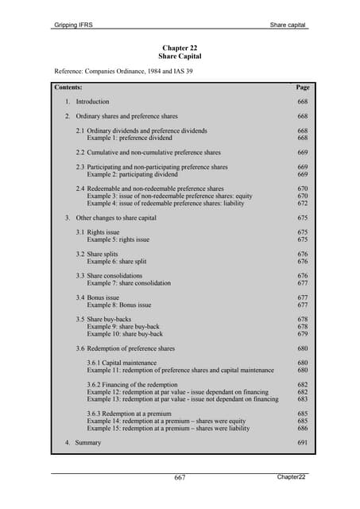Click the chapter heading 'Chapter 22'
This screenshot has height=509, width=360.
(x=180, y=48)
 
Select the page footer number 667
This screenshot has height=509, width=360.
(x=180, y=477)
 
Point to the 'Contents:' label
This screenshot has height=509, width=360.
(x=68, y=87)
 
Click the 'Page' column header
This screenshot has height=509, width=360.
(x=302, y=87)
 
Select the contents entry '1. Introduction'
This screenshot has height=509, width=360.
(x=87, y=102)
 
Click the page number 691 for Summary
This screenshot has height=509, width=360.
(x=302, y=442)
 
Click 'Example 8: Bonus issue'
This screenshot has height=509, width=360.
(x=119, y=305)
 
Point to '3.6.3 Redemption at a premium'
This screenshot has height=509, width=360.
(x=134, y=414)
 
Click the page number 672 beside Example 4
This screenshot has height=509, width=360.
(x=302, y=204)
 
